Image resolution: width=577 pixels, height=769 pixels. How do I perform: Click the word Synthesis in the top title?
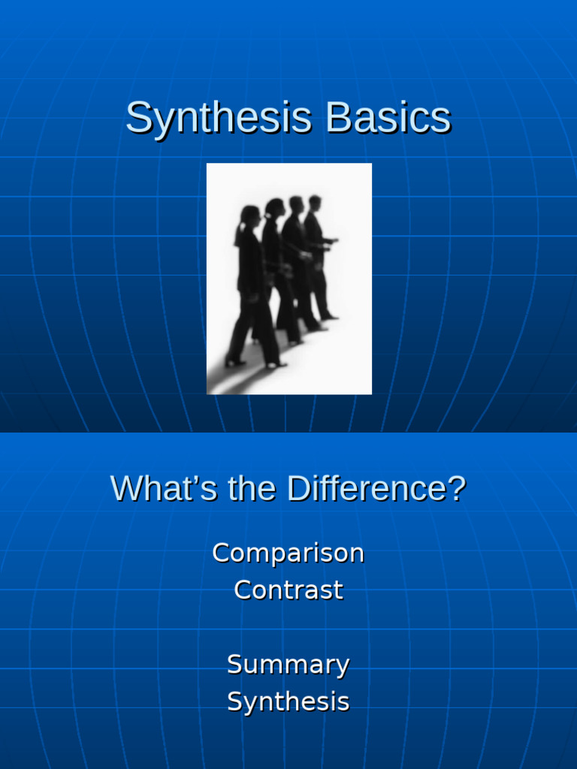click(x=219, y=118)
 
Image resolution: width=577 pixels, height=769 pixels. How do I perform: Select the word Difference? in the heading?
click(x=376, y=489)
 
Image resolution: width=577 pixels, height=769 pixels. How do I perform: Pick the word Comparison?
click(x=288, y=553)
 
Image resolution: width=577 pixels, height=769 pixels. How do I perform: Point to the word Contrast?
click(x=288, y=590)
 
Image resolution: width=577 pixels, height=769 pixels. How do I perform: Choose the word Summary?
click(x=288, y=665)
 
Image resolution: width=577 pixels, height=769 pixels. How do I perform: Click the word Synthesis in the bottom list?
click(x=288, y=702)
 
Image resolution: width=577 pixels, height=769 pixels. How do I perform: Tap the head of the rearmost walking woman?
click(x=250, y=216)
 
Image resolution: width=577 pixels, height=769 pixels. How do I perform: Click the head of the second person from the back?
click(x=275, y=208)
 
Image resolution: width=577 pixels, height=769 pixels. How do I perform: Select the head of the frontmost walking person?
click(x=315, y=203)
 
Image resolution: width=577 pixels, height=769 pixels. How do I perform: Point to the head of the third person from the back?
click(x=296, y=204)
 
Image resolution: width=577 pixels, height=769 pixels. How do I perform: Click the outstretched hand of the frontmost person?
click(x=334, y=241)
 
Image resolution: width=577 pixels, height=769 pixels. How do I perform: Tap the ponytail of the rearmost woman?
click(x=240, y=233)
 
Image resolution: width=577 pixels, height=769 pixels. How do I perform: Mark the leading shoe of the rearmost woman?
click(x=276, y=365)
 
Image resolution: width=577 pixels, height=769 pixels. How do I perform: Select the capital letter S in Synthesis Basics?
click(x=137, y=118)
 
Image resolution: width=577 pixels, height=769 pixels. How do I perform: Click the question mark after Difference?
click(x=457, y=489)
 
